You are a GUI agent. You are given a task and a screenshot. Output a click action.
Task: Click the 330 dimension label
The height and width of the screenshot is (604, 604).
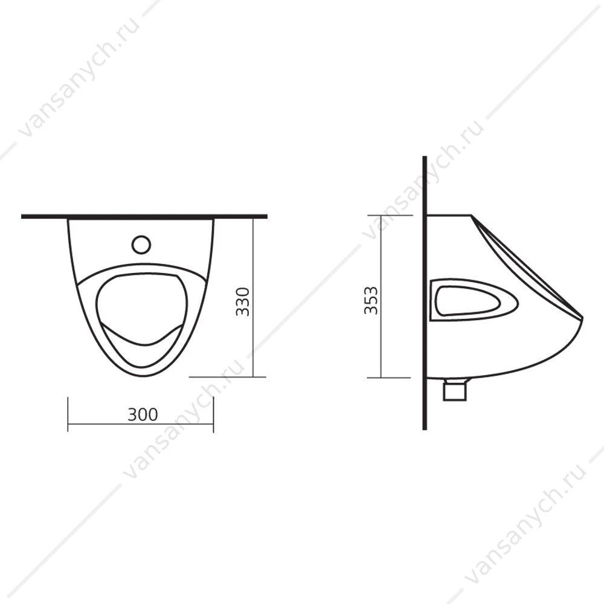[243, 301]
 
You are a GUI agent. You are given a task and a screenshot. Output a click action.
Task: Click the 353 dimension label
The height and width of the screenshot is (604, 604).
[371, 300]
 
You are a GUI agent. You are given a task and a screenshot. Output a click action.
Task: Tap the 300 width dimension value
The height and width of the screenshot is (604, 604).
[143, 414]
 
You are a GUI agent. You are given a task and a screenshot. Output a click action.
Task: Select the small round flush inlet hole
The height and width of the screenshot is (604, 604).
[141, 245]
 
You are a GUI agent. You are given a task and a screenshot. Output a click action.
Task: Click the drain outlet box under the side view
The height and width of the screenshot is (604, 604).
[455, 390]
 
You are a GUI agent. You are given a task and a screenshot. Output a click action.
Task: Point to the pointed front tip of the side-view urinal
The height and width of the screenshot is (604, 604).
[583, 318]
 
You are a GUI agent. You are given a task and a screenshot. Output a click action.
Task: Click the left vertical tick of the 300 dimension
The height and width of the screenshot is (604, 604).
[68, 414]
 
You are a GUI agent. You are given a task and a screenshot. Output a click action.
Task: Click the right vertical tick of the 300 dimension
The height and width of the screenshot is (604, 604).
[213, 414]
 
